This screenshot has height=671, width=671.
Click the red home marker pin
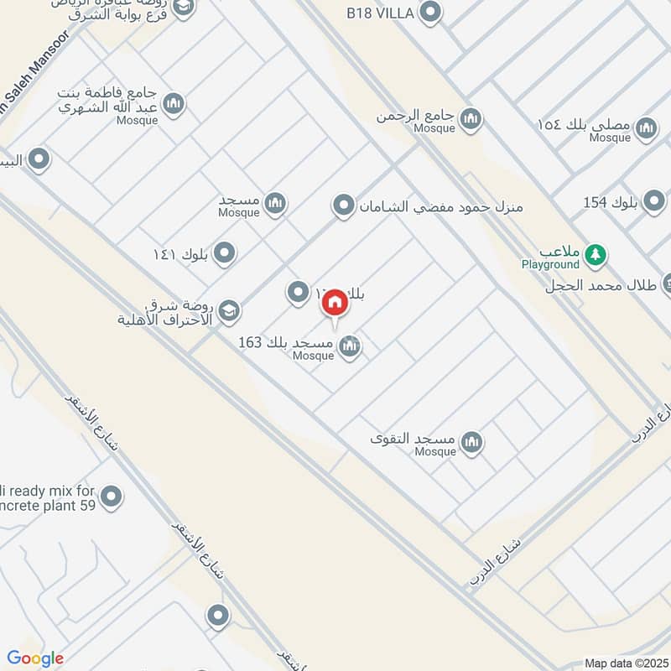[x=335, y=303]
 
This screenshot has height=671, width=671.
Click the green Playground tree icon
[x=595, y=253]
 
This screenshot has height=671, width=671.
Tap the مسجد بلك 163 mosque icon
[x=351, y=345]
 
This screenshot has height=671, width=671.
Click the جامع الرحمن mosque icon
[x=471, y=118]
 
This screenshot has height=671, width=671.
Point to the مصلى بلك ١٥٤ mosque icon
[x=646, y=127]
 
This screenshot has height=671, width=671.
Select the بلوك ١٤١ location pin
[x=224, y=252]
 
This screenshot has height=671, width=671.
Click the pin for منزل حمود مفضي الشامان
[x=343, y=205]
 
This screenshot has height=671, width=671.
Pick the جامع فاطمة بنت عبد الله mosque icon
[x=174, y=104]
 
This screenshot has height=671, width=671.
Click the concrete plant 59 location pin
[x=111, y=498]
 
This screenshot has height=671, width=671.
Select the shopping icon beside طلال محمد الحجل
[x=665, y=283]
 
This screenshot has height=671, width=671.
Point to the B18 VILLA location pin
[x=430, y=13]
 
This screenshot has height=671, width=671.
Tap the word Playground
[x=550, y=265]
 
